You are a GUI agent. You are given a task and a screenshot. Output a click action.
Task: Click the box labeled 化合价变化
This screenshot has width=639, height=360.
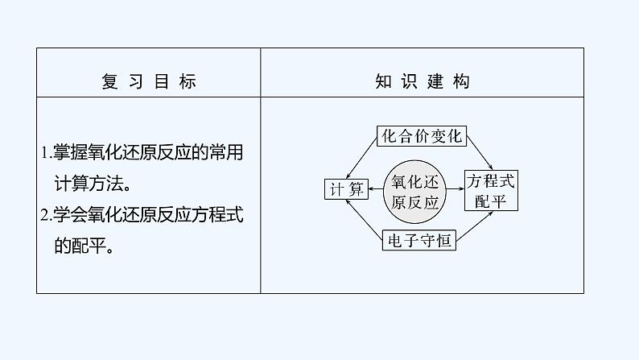point(422,135)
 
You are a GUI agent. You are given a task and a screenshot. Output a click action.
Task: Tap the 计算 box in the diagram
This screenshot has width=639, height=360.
point(346,188)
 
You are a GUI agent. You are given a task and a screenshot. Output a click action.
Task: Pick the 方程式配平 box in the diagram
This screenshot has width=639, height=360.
point(491,189)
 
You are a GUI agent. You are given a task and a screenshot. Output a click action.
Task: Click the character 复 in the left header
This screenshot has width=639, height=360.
point(109,82)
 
